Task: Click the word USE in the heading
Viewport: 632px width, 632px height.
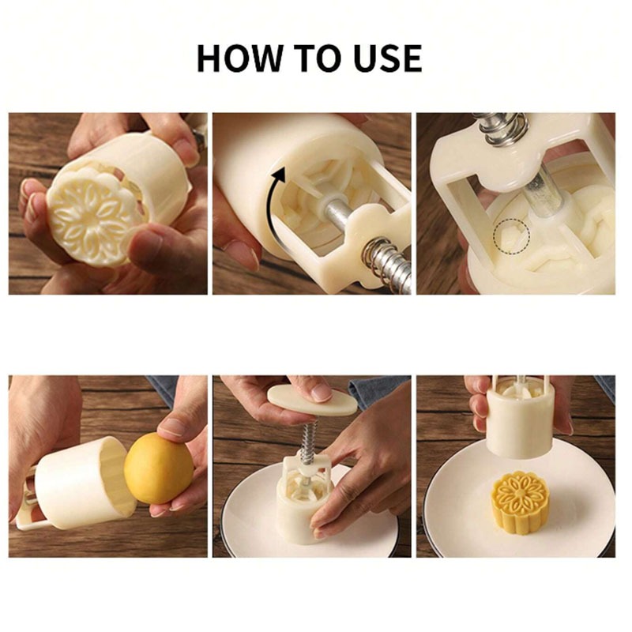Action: tap(386, 58)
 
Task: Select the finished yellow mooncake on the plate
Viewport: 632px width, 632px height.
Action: tap(521, 502)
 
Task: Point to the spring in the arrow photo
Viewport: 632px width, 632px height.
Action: tap(385, 263)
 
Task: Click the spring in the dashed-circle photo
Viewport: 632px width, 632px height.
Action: tap(503, 130)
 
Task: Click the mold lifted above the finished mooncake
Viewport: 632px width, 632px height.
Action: tap(518, 419)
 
